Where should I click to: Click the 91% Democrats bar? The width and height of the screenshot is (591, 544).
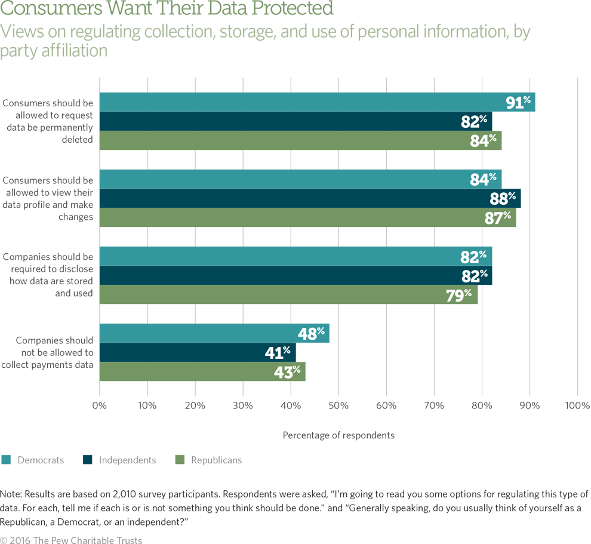click(317, 102)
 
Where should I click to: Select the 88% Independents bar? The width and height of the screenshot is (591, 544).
click(310, 198)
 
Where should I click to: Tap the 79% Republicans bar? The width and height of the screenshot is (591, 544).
click(288, 294)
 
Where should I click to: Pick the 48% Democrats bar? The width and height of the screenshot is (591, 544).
click(214, 333)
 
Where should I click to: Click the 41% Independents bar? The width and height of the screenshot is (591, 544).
click(198, 352)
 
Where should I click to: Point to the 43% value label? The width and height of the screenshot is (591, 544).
click(288, 371)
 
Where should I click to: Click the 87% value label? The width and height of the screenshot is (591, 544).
click(498, 217)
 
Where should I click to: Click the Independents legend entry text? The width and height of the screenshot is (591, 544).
click(127, 460)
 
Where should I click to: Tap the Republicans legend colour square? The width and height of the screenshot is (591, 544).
click(179, 460)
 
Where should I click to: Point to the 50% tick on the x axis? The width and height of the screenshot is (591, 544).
click(338, 405)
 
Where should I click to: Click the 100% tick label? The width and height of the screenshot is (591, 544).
click(577, 405)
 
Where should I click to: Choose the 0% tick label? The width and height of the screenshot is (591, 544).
click(100, 405)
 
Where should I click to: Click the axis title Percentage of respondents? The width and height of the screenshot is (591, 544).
click(338, 435)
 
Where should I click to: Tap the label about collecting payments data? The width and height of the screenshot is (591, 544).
click(54, 352)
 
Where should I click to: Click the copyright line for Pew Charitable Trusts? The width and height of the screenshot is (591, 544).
click(71, 540)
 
